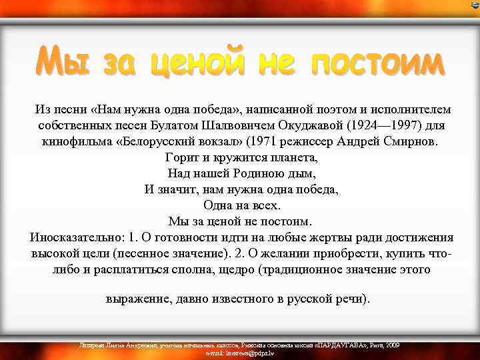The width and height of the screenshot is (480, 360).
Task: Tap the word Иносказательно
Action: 76,237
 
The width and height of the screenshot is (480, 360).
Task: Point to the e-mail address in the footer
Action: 240,352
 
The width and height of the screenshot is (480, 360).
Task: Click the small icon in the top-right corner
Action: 475,5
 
